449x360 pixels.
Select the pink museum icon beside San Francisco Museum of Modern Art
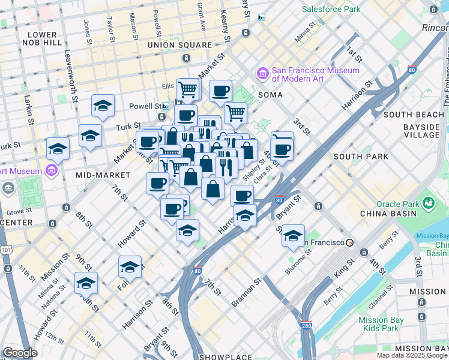262,74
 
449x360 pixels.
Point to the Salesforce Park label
331,9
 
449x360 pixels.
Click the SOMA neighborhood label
270,95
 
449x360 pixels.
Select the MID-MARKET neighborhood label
103,175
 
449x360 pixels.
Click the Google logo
20,352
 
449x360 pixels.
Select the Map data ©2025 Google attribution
412,355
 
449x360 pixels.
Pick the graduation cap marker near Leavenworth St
103,106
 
